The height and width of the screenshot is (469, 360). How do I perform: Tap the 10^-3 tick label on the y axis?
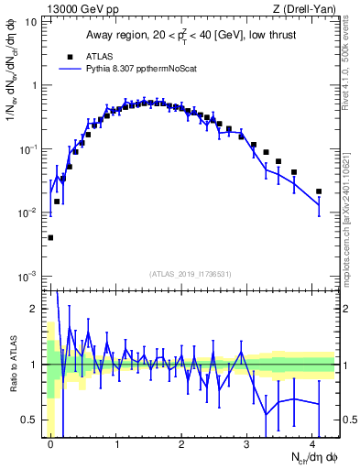point(27,276)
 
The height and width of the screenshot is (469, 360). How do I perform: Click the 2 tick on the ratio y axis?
point(35,309)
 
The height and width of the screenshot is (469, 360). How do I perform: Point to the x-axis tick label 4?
point(312,443)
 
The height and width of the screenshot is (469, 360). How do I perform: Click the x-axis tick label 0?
point(50,443)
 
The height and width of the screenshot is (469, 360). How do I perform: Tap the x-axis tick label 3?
point(246,443)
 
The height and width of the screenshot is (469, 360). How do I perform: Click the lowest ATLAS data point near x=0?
point(50,237)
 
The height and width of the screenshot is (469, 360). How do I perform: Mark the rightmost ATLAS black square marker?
point(319,191)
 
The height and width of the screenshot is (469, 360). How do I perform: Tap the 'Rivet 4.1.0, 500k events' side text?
point(351,64)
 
